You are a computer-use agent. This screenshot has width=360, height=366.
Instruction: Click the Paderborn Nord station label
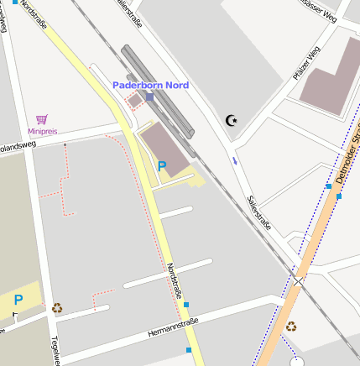150,85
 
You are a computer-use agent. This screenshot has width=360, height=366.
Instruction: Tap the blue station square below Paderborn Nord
150,97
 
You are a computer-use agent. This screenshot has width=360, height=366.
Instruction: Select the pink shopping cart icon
42,120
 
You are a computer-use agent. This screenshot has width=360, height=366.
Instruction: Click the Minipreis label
42,131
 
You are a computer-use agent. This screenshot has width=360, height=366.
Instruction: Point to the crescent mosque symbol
232,121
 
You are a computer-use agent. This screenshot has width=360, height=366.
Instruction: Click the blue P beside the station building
162,166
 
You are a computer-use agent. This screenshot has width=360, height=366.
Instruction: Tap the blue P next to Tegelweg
18,300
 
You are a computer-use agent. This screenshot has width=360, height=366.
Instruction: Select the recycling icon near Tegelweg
57,308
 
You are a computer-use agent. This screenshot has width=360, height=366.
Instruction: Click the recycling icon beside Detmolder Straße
290,326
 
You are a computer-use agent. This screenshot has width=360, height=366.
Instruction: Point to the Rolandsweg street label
17,143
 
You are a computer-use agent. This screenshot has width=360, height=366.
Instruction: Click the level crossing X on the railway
300,278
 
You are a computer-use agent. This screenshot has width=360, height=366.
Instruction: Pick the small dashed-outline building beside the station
133,102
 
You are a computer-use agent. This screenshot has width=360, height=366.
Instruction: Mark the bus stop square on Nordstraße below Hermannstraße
189,349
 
